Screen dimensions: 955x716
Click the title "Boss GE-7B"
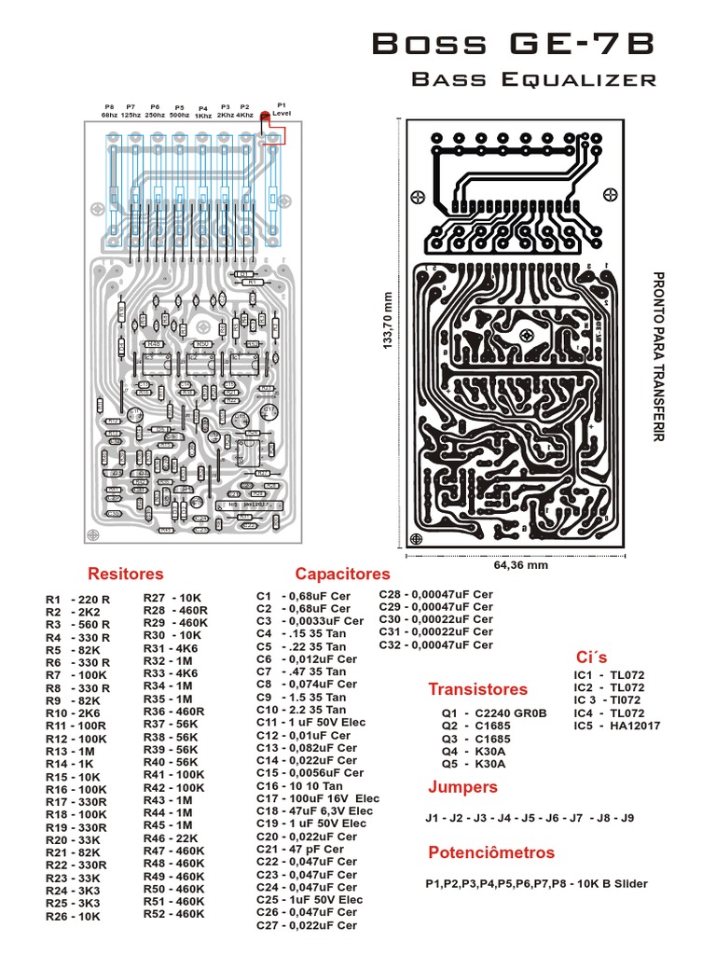coord(514,43)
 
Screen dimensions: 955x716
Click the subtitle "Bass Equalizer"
coord(534,79)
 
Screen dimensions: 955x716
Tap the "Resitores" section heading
coord(125,574)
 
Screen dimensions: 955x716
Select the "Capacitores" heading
coord(342,574)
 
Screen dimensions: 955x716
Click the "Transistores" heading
coord(477,689)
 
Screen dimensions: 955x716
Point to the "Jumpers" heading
coord(462,786)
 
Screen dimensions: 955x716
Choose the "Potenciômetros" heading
coord(490,852)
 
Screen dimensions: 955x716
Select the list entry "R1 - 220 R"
coord(78,600)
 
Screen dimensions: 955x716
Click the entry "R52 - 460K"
coord(175,914)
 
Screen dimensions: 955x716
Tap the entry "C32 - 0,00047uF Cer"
coord(435,644)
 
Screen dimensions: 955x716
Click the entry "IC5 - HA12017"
coord(616,725)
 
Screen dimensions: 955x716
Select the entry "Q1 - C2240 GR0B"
coord(493,713)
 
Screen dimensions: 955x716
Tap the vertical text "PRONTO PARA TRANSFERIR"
coord(659,357)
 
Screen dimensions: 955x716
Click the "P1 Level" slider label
coord(282,109)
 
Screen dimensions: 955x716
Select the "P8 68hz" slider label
coord(110,110)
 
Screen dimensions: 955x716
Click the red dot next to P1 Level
coord(265,116)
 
